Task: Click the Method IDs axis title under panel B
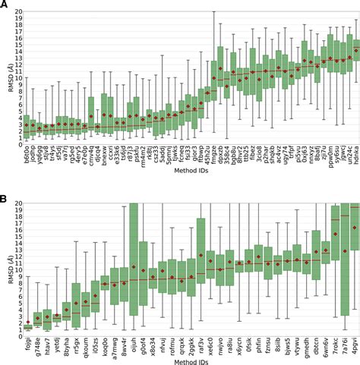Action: click(190, 361)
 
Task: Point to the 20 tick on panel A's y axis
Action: click(15, 14)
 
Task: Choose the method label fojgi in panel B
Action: click(28, 341)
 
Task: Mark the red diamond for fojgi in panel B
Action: click(28, 322)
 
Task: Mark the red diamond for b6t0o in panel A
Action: click(26, 125)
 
